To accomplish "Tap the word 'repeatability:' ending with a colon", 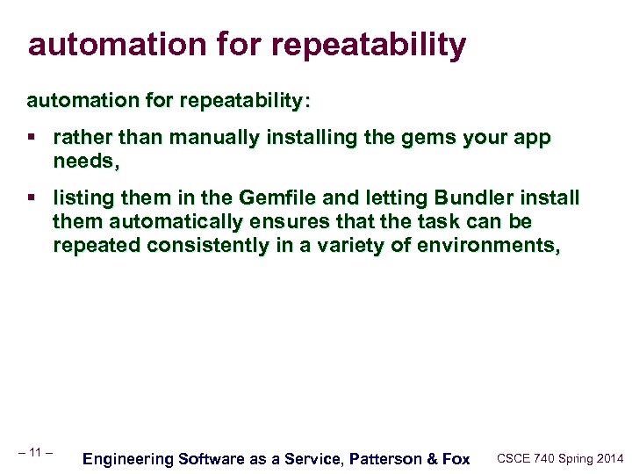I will click(x=245, y=101).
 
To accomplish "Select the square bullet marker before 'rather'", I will click(x=32, y=139).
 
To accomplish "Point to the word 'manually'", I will click(x=205, y=138).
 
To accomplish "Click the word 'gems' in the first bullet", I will click(x=419, y=138).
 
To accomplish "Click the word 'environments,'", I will click(x=480, y=245).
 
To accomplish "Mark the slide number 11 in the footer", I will click(x=36, y=452).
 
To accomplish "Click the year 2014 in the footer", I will click(x=608, y=458).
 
